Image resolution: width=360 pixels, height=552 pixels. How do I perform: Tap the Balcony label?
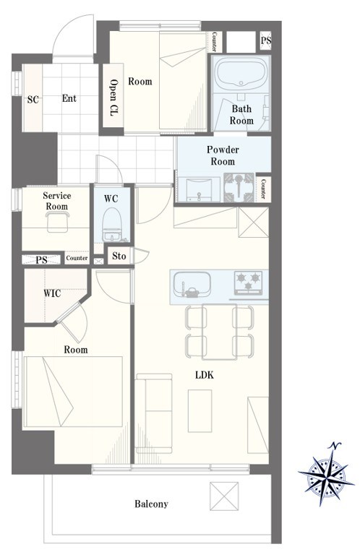click(x=151, y=504)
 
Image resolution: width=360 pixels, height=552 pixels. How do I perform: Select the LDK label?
click(x=205, y=375)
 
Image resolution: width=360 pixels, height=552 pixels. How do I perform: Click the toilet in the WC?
click(x=111, y=225)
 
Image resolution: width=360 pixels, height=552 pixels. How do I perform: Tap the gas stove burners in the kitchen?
click(x=249, y=282)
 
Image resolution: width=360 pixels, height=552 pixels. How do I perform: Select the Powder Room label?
click(x=223, y=155)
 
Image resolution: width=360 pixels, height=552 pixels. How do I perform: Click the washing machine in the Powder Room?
click(x=239, y=187)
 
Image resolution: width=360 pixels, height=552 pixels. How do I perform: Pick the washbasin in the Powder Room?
click(x=199, y=189)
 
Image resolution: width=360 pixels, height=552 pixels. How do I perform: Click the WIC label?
click(x=52, y=293)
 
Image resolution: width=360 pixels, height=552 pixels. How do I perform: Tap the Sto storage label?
click(x=119, y=256)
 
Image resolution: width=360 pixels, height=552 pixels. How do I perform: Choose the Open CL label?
click(x=113, y=98)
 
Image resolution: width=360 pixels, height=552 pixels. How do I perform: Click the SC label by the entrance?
click(x=33, y=100)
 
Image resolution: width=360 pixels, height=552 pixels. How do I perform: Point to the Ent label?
click(x=69, y=98)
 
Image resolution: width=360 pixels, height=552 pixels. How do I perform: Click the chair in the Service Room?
click(x=57, y=222)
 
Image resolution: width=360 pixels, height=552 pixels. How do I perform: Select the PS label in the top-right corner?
click(x=266, y=40)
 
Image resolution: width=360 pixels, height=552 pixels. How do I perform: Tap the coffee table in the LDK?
click(x=200, y=411)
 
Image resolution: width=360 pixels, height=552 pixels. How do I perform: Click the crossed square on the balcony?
click(x=224, y=496)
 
